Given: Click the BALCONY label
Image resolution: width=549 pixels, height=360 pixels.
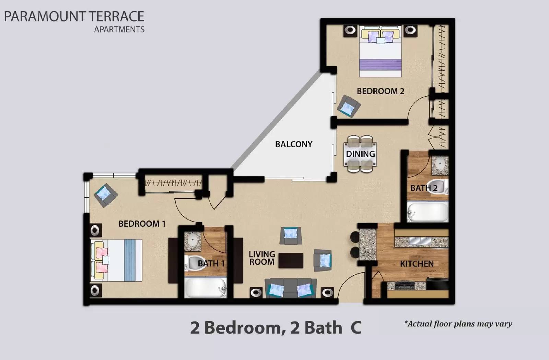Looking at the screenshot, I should point(294,144).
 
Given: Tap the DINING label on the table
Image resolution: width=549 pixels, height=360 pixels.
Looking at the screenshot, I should point(360,154).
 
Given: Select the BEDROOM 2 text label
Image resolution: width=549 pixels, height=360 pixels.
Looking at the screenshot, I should point(381,91).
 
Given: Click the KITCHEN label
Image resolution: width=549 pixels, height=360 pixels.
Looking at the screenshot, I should point(417,264).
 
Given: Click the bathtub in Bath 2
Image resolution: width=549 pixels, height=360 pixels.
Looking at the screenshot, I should point(428,212).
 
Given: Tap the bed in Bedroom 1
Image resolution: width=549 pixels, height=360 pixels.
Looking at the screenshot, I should point(117,260).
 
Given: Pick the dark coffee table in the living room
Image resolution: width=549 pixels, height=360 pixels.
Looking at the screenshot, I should point(291,261).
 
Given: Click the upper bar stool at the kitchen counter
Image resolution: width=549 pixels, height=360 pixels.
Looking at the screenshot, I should point(354,237).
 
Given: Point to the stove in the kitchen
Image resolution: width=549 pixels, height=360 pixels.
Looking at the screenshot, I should point(401,285).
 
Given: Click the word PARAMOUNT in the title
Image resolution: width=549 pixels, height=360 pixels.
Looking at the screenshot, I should point(45,16).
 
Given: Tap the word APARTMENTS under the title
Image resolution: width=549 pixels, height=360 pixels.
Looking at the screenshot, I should point(119,29).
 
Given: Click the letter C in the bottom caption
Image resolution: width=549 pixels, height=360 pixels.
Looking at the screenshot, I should point(356,328).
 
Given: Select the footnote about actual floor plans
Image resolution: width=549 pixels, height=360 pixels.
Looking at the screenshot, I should point(458,324).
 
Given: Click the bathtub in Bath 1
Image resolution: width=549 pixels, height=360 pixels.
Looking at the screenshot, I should point(205,288).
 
